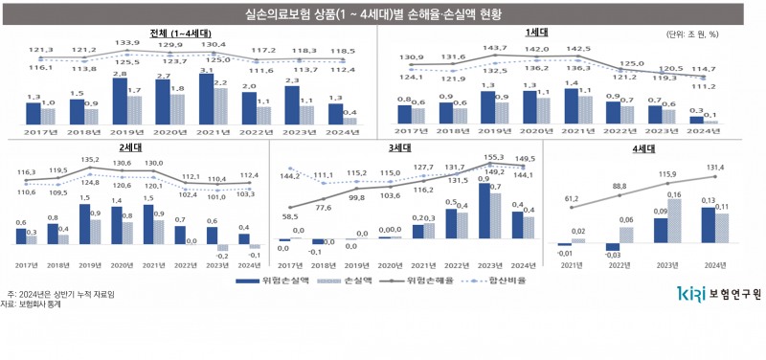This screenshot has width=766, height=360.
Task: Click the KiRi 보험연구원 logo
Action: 718,293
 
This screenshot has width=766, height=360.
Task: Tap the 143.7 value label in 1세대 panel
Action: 494,47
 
